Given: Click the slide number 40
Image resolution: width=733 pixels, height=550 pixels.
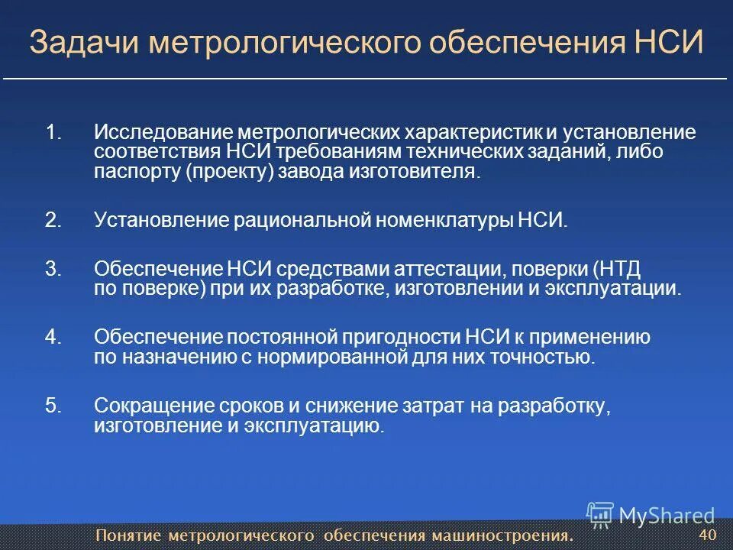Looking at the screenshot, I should [x=708, y=534].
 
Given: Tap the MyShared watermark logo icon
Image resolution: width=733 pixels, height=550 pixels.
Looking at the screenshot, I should [x=600, y=515].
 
